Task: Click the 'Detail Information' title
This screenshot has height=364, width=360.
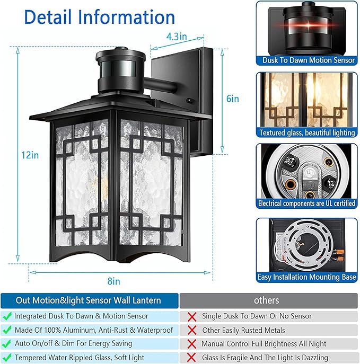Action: [x=100, y=17]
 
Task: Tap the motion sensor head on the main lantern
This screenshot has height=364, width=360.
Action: [x=121, y=69]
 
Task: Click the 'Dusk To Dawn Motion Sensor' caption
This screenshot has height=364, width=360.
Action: [x=308, y=60]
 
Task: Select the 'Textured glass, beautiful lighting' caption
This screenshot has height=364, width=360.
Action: [x=308, y=133]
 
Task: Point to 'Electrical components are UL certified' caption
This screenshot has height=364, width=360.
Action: [x=308, y=203]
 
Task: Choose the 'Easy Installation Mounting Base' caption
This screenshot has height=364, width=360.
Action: [x=308, y=277]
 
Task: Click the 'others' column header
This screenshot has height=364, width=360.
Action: [x=266, y=300]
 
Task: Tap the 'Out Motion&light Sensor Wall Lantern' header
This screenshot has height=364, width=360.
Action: [x=88, y=300]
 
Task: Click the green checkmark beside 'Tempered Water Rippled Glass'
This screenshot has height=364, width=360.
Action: [x=7, y=358]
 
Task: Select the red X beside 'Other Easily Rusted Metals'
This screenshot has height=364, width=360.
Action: [x=191, y=330]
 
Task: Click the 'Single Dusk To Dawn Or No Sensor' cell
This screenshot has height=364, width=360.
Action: [x=257, y=316]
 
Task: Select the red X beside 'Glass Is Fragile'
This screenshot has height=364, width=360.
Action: [x=191, y=358]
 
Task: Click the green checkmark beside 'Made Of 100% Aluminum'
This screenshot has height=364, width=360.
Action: [x=7, y=330]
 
